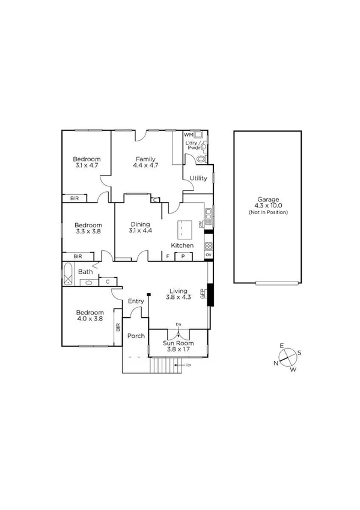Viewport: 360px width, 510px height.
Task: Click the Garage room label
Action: pos(268,199)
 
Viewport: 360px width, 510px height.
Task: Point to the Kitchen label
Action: pos(183,245)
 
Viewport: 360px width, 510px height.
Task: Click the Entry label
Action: pos(136,301)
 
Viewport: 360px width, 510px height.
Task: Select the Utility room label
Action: pos(198,179)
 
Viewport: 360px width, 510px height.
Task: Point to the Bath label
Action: pos(85,271)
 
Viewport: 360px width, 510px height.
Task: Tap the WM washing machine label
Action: pos(188,135)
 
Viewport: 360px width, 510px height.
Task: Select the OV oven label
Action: pos(209,255)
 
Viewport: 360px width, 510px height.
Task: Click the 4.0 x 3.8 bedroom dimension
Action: pos(90,319)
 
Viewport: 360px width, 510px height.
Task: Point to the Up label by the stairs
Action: pos(188,364)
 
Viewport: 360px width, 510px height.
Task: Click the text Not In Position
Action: pos(268,213)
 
